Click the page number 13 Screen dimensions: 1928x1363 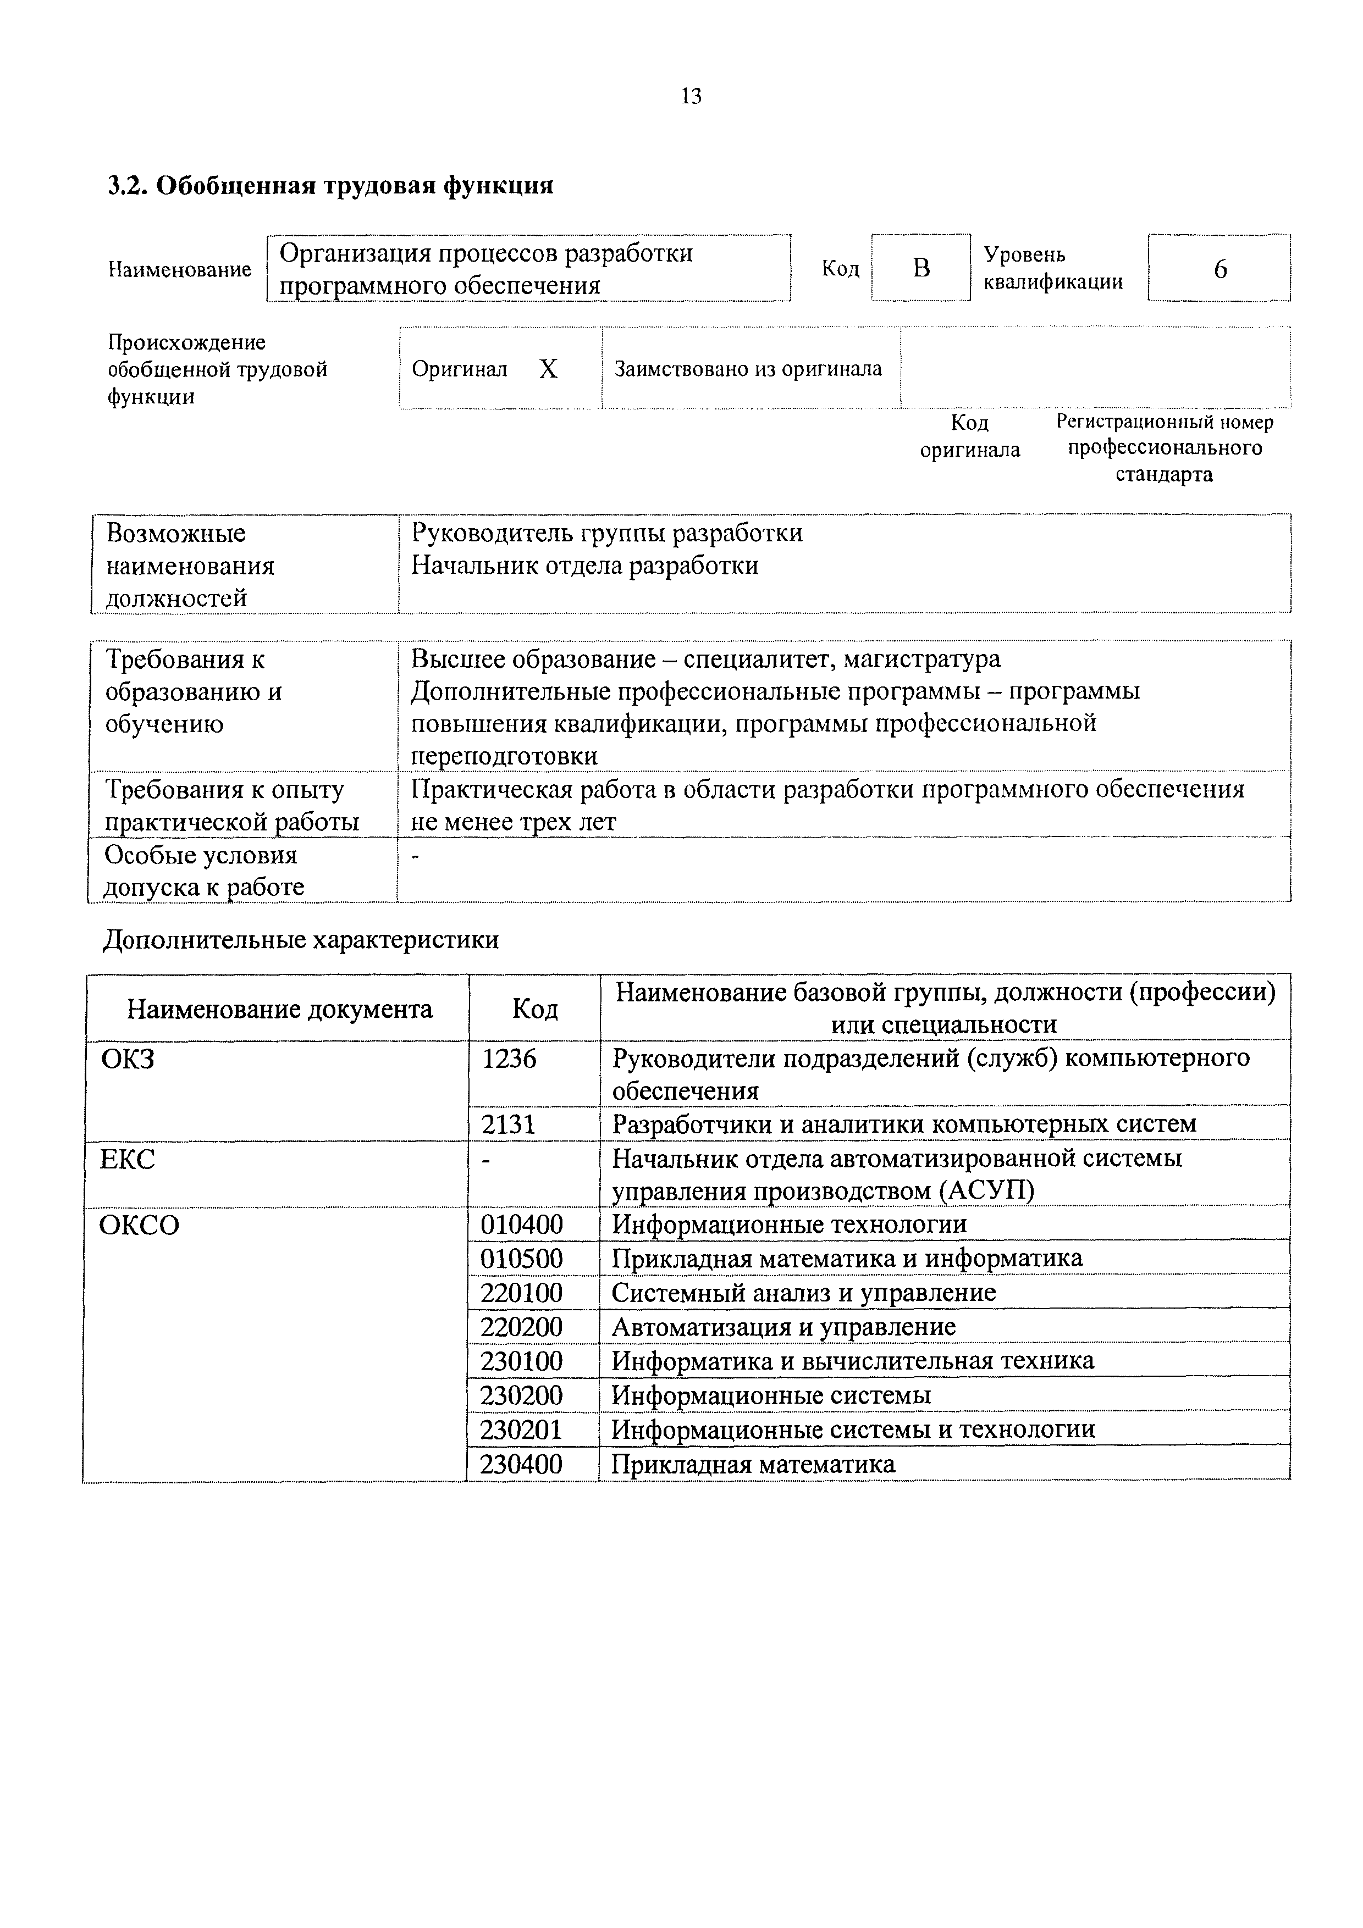(691, 97)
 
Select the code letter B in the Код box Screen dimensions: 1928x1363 (921, 268)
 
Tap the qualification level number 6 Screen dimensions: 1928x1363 (1219, 269)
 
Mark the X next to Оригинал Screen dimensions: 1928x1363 (548, 369)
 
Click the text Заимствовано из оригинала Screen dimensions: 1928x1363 (748, 369)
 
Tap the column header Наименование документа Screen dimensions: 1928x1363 (280, 1009)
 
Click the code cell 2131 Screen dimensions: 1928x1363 (509, 1123)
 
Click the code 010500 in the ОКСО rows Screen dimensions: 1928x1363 (522, 1259)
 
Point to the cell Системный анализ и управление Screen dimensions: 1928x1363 (804, 1292)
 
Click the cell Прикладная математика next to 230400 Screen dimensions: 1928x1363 (753, 1465)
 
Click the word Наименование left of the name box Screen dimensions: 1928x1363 (180, 269)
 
